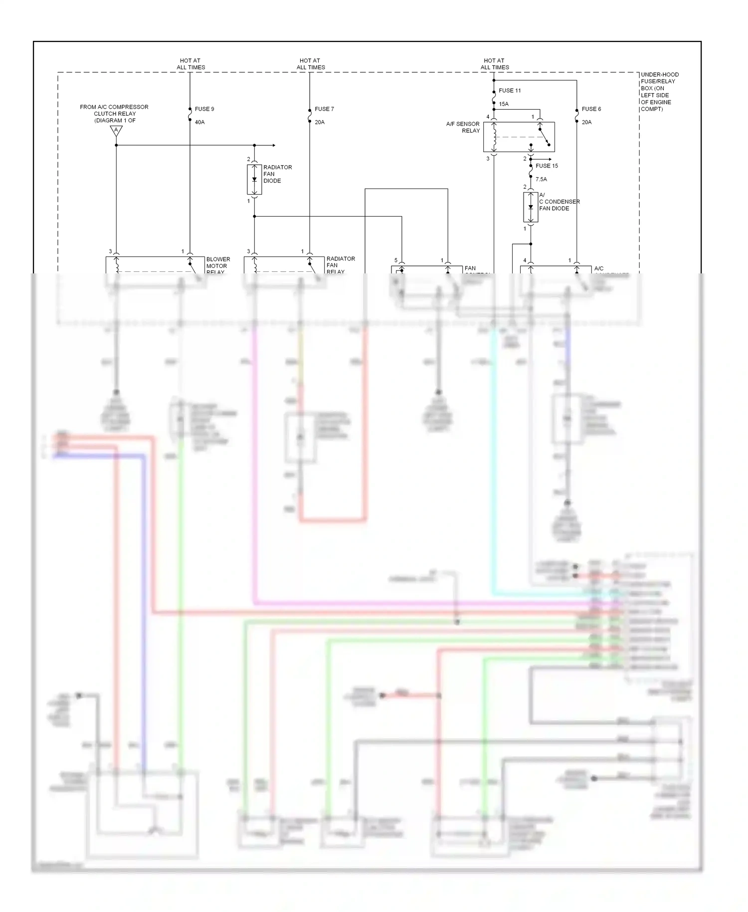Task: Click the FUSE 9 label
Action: click(204, 109)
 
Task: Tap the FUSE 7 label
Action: click(324, 109)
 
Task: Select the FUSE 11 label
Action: click(510, 91)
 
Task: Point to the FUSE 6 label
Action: click(591, 109)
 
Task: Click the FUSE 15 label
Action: click(547, 166)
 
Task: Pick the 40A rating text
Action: click(199, 122)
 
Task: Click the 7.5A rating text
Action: click(541, 179)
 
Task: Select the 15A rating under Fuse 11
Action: click(504, 104)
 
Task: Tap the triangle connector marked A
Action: click(116, 131)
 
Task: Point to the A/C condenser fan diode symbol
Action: click(531, 207)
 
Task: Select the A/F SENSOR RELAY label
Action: click(463, 127)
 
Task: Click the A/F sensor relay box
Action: click(519, 137)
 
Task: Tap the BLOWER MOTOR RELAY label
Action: click(218, 265)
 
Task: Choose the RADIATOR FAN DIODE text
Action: click(277, 174)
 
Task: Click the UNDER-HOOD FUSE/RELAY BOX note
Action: click(659, 92)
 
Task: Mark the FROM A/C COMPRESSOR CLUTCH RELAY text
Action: click(114, 114)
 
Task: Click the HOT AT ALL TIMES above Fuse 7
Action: click(310, 64)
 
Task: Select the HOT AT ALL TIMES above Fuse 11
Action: click(495, 64)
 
